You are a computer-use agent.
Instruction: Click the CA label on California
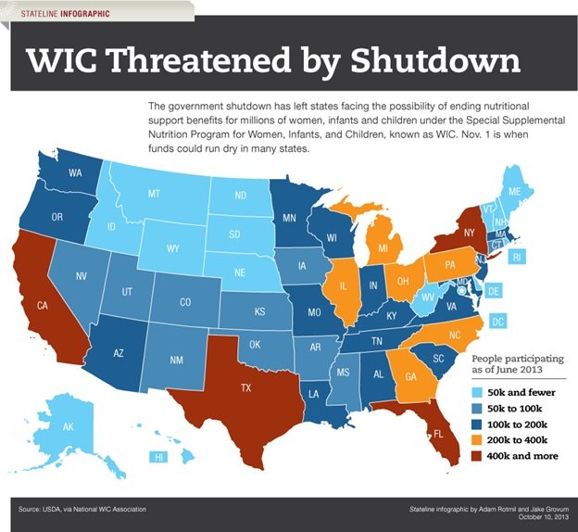click(x=42, y=305)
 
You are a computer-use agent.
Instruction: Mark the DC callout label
click(x=498, y=322)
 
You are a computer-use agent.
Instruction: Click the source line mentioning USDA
click(x=82, y=509)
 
